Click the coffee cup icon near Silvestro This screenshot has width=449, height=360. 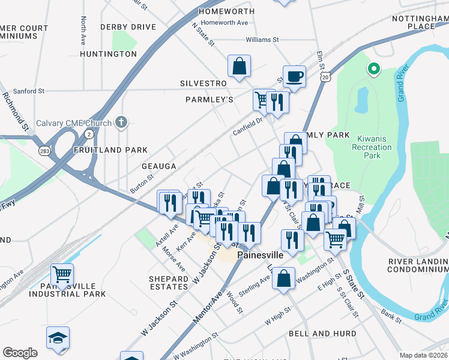[294, 76]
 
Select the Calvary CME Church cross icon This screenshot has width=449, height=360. [121, 123]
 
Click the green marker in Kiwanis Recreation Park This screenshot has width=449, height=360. [373, 69]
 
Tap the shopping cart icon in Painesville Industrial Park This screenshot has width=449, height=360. [62, 275]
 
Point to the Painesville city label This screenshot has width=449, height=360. [261, 255]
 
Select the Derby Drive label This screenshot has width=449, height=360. [128, 27]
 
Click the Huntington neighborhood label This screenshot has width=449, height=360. [108, 54]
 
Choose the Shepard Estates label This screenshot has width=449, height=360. [169, 283]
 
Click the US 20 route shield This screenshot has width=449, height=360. [325, 77]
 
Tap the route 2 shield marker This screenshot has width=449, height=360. [89, 133]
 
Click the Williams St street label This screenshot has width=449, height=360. [263, 40]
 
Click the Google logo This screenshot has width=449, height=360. [20, 353]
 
